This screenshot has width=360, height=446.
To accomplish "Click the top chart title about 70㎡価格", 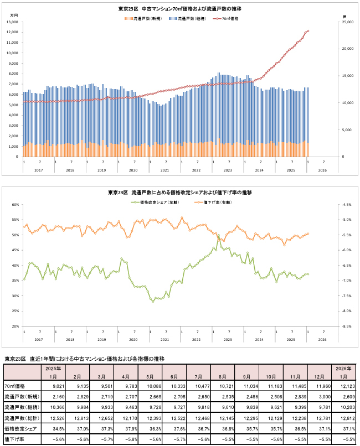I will pyautogui.click(x=179, y=9).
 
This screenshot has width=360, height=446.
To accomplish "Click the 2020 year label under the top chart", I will pyautogui.click(x=133, y=170).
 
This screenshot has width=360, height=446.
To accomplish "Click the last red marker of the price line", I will pyautogui.click(x=308, y=31).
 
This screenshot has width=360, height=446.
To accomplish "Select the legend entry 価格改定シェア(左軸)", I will pyautogui.click(x=152, y=203).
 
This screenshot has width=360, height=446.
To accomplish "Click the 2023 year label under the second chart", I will pyautogui.click(x=228, y=340).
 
